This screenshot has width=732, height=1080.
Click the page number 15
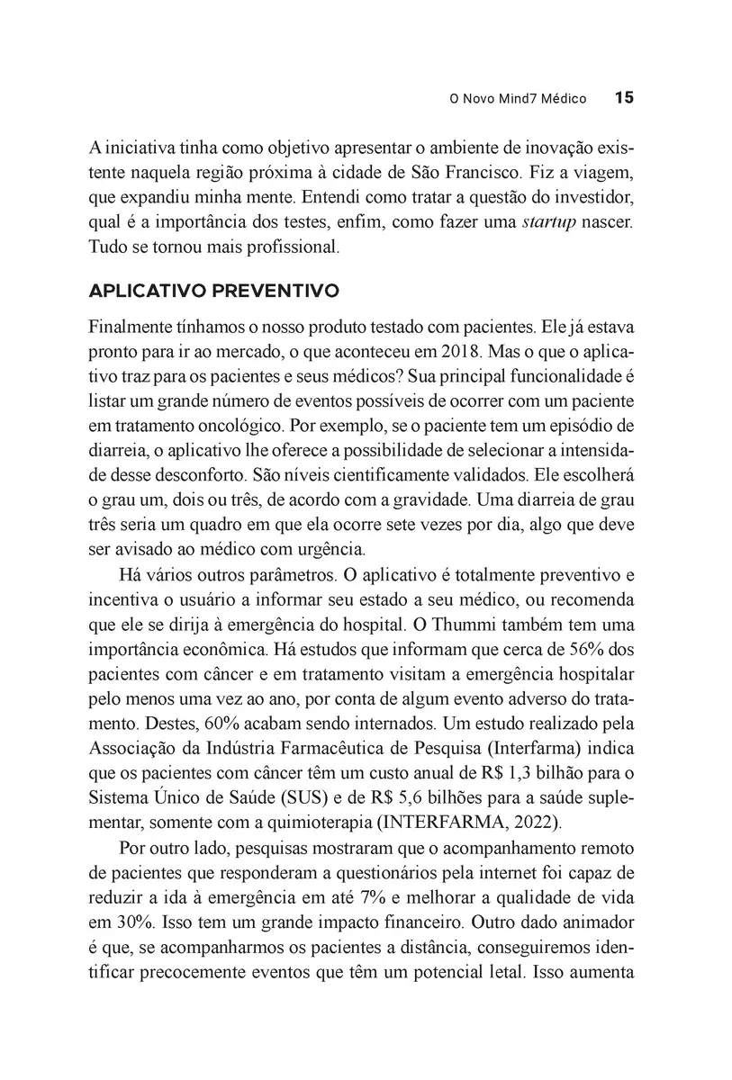point(625,98)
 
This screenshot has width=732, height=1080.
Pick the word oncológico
point(231,423)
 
